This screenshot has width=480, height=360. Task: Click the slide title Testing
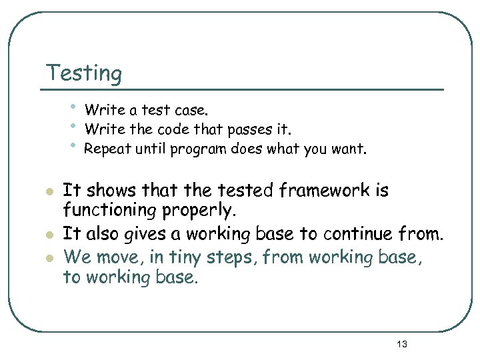coord(84,73)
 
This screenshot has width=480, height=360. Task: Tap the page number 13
coord(401,344)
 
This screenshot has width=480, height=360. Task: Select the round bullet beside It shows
coord(48,193)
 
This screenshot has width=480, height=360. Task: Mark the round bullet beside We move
coord(48,256)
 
